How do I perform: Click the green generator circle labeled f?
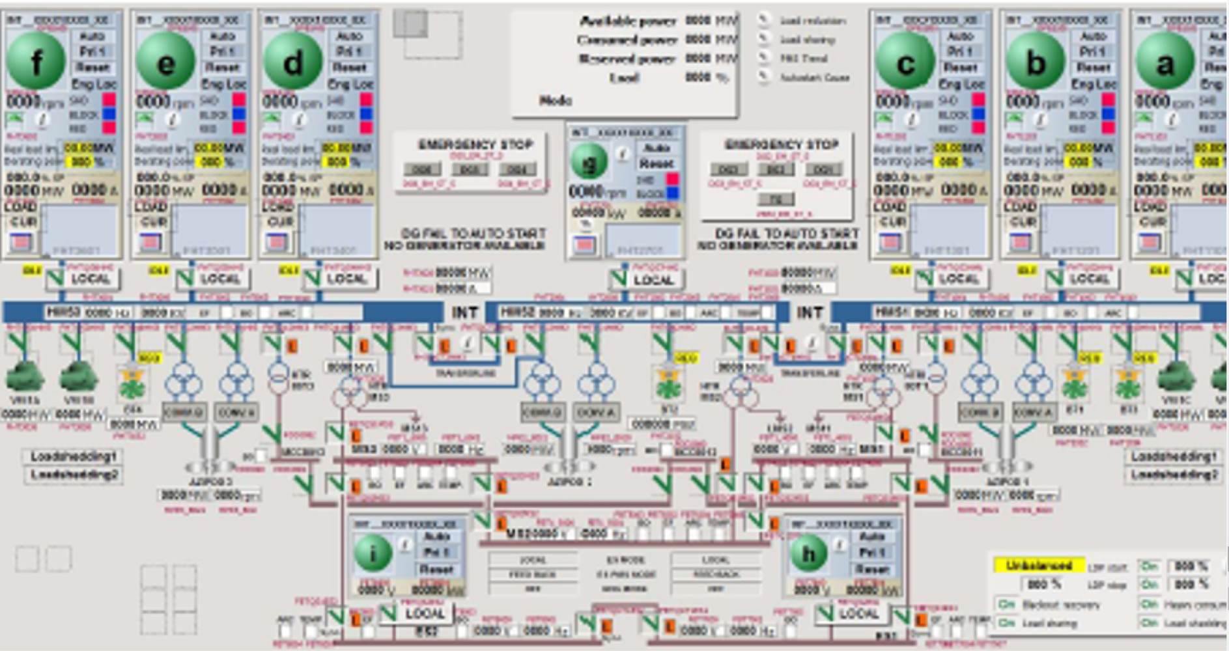[x=36, y=62]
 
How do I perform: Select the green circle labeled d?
[x=292, y=62]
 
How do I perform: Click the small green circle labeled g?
[x=589, y=162]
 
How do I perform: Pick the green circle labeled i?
[x=373, y=553]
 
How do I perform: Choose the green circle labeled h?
[x=808, y=553]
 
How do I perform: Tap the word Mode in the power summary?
[x=556, y=100]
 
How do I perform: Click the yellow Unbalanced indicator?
[x=1038, y=565]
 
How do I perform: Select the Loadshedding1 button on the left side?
[x=73, y=456]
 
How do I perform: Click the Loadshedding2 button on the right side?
[x=1174, y=475]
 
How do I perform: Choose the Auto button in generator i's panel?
[x=436, y=536]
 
